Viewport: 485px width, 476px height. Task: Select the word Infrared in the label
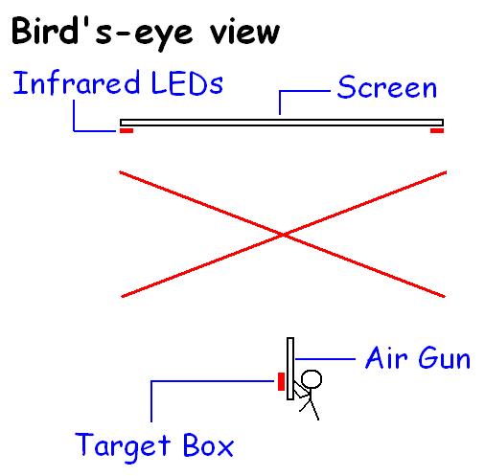click(77, 82)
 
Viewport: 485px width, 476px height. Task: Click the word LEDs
click(187, 83)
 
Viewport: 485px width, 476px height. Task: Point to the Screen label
click(387, 87)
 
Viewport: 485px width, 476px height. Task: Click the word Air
click(386, 358)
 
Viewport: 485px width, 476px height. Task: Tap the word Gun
click(444, 358)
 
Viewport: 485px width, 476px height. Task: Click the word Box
click(208, 444)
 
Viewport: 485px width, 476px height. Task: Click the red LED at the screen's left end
click(127, 130)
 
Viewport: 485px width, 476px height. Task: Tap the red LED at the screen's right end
click(437, 130)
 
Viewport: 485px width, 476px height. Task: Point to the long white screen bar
click(282, 123)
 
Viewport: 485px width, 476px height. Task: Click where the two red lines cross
click(283, 235)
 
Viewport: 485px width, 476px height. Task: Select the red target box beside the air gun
click(281, 381)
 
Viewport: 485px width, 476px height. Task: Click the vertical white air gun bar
click(290, 369)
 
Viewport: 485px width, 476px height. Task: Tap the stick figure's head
click(312, 379)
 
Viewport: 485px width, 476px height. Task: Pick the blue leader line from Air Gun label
click(325, 359)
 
